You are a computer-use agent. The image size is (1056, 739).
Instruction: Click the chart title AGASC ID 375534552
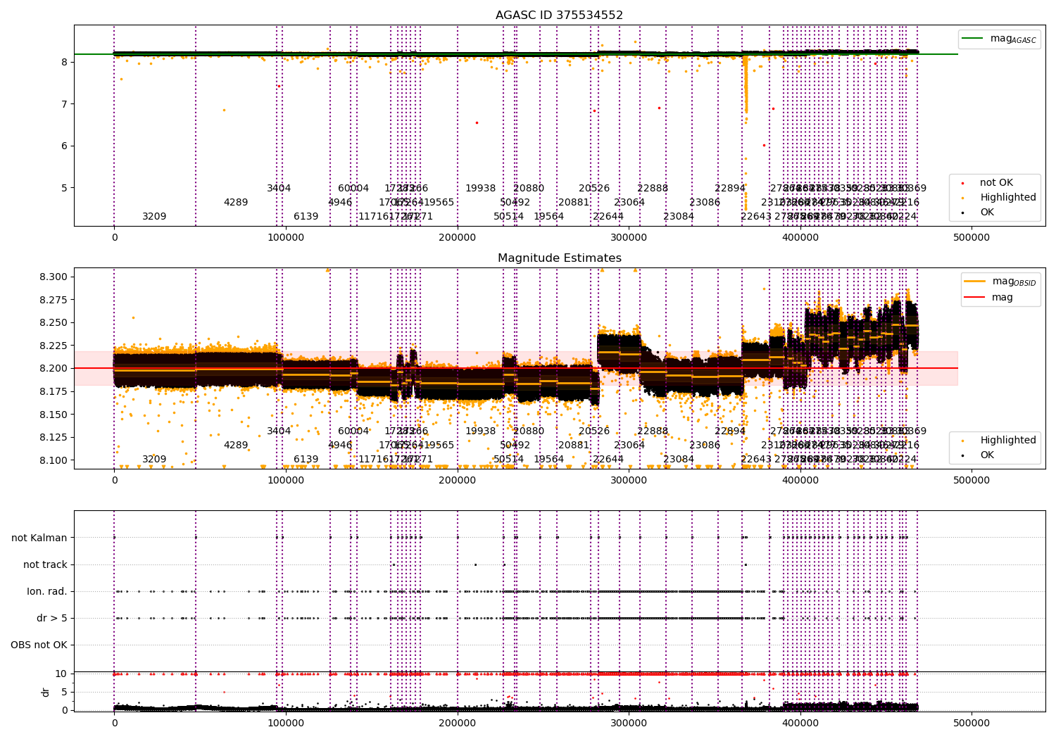coord(559,15)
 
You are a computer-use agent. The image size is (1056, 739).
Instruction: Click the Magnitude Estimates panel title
coord(559,258)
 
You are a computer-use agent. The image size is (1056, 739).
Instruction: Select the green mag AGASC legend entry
coord(1012,39)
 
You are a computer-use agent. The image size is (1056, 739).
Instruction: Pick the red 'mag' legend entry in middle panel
coord(1002,297)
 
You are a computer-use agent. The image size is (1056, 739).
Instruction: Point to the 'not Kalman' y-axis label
coord(39,538)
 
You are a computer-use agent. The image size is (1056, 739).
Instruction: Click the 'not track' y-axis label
coord(45,564)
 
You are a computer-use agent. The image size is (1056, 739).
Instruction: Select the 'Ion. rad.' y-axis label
coord(47,591)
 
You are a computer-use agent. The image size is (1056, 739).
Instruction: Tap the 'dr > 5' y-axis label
coord(51,618)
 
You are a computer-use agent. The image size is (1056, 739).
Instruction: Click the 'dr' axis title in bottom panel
coord(46,692)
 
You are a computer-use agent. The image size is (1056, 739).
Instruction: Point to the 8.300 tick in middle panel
coord(54,277)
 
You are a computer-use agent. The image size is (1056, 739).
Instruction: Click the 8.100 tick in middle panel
coord(54,460)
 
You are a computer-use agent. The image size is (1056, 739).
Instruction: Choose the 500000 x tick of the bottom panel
coord(972,723)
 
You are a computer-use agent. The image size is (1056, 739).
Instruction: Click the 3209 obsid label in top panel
coord(154,216)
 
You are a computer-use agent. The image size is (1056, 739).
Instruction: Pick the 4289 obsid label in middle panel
coord(236,445)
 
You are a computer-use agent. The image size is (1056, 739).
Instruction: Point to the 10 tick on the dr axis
coord(61,674)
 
